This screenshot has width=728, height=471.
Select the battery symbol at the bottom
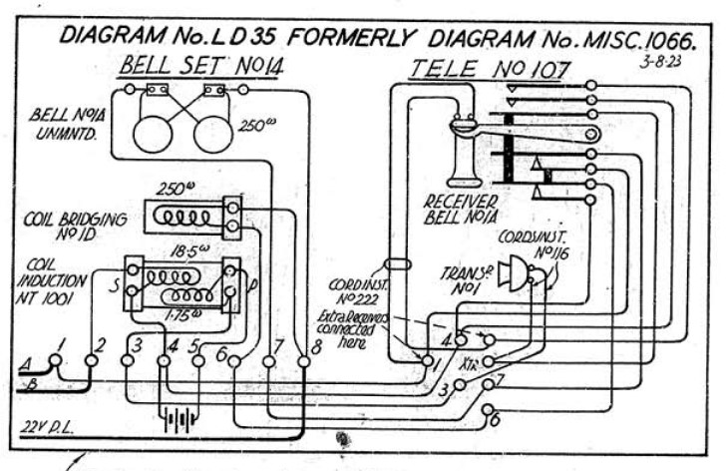pos(179,419)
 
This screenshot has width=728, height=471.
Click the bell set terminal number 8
pos(316,347)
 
